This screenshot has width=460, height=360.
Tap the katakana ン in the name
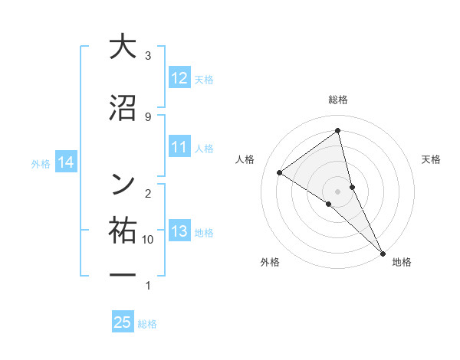coord(123,182)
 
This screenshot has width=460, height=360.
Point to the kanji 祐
coord(123,230)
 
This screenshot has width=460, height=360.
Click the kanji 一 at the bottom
coord(123,274)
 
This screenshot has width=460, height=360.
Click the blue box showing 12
coord(179,78)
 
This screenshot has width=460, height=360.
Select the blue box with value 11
coord(179,148)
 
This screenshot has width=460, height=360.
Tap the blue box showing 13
coord(179,232)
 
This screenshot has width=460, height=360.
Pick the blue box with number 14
coord(65,162)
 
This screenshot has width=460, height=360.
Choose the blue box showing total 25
coord(123,322)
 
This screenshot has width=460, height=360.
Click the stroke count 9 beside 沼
coord(147,116)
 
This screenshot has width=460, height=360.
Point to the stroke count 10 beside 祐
coord(148,240)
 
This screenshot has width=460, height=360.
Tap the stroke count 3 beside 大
coord(148,55)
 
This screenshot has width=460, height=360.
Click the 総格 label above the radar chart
coord(338,100)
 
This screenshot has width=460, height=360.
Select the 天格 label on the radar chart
coord(432,159)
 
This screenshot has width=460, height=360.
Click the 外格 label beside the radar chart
coord(270,262)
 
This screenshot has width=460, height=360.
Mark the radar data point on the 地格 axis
coord(382,252)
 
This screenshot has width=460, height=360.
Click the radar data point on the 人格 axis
coord(279,172)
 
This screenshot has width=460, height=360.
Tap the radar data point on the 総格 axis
coord(338,131)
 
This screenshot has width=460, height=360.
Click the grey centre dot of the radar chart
coord(338,191)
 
